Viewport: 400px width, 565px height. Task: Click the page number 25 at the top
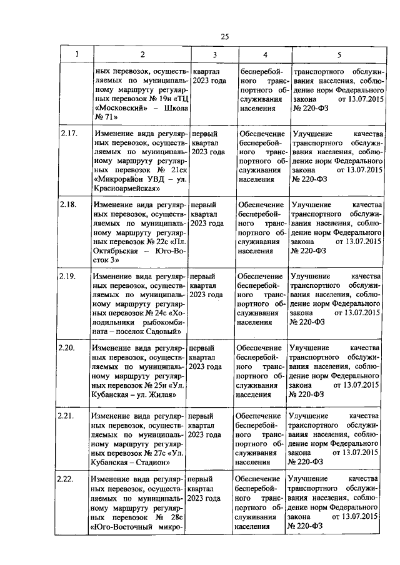[224, 36]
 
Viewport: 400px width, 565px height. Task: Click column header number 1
[77, 55]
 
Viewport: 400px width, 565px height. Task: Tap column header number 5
[339, 55]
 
